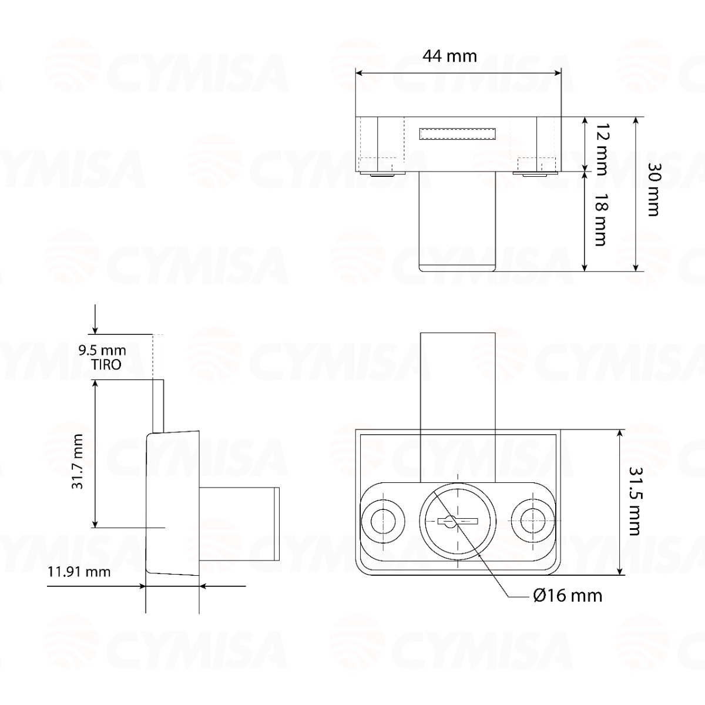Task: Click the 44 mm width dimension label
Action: click(x=449, y=56)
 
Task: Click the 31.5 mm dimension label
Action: click(x=633, y=501)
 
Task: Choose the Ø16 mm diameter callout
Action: click(x=568, y=596)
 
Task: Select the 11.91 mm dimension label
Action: click(x=79, y=571)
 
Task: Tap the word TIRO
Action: click(x=106, y=364)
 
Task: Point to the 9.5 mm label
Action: click(x=102, y=351)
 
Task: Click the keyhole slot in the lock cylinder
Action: click(x=458, y=521)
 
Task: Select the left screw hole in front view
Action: click(x=383, y=521)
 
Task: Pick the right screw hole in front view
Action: click(x=533, y=521)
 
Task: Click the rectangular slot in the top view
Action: click(x=458, y=133)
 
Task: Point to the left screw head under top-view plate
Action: click(x=381, y=174)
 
